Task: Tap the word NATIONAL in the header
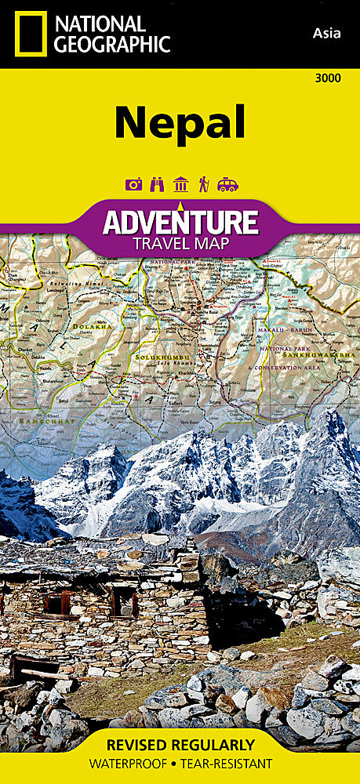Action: [x=100, y=24]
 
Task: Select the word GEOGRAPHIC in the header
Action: [x=111, y=44]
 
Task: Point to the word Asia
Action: [x=325, y=32]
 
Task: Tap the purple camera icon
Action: [x=133, y=184]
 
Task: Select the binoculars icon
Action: [x=156, y=184]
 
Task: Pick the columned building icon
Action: [x=180, y=184]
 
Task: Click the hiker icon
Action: [x=203, y=184]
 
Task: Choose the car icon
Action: [x=227, y=184]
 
